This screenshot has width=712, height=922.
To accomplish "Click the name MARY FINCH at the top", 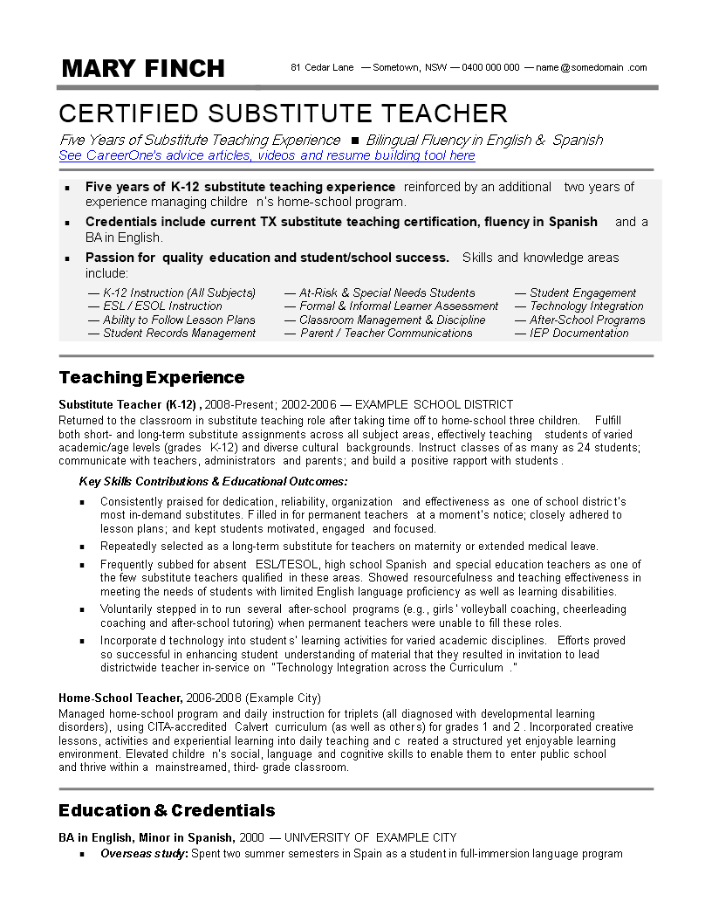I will pyautogui.click(x=143, y=68).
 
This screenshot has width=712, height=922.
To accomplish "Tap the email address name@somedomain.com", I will pyautogui.click(x=592, y=67).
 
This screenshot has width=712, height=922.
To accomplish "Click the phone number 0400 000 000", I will pyautogui.click(x=490, y=67).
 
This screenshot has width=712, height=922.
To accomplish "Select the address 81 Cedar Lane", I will pyautogui.click(x=322, y=67).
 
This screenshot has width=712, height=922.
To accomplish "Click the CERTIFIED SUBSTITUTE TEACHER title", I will pyautogui.click(x=283, y=114).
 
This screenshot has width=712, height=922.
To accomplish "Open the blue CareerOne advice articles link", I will pyautogui.click(x=267, y=155).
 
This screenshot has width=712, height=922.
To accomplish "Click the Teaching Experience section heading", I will pyautogui.click(x=152, y=377).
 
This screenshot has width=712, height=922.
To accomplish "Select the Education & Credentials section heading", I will pyautogui.click(x=167, y=810).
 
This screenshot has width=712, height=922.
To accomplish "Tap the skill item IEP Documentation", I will pyautogui.click(x=578, y=333).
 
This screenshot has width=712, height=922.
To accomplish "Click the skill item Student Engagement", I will pyautogui.click(x=583, y=292).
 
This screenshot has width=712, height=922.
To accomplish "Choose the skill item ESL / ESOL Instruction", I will pyautogui.click(x=162, y=306).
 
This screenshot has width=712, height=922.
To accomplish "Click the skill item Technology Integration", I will pyautogui.click(x=586, y=306).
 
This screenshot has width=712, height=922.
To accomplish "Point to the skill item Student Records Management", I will pyautogui.click(x=179, y=333).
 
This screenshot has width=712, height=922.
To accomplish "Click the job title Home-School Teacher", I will pyautogui.click(x=120, y=698).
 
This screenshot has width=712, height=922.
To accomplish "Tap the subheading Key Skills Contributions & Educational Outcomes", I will pyautogui.click(x=213, y=481).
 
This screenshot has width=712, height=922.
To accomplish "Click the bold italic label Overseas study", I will pyautogui.click(x=144, y=853).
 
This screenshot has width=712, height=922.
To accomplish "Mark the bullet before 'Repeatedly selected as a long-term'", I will pyautogui.click(x=82, y=547).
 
